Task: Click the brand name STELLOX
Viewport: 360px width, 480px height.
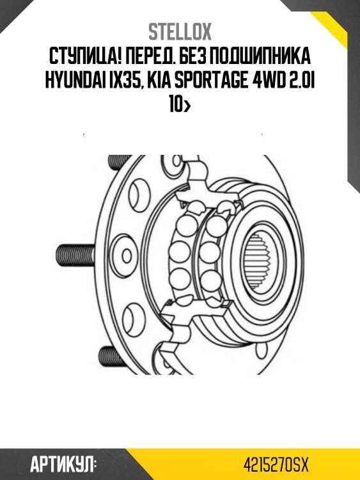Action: point(180,32)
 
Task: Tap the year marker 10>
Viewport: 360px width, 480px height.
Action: point(180,106)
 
